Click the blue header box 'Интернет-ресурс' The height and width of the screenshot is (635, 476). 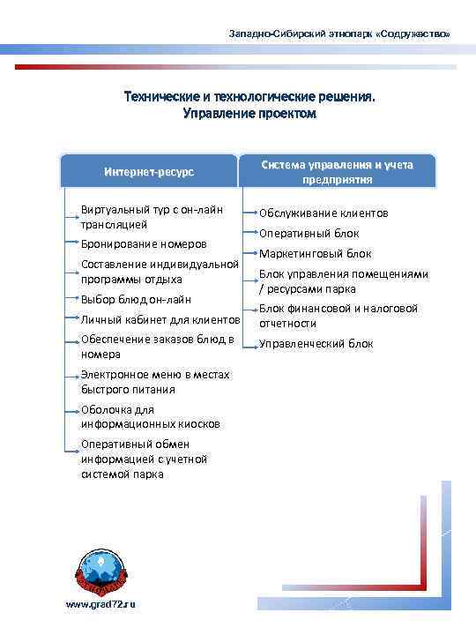149,171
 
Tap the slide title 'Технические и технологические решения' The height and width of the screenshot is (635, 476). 249,98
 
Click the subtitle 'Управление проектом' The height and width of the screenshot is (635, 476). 249,114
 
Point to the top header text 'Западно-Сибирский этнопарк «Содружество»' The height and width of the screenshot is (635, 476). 338,33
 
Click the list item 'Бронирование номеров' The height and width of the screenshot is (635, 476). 144,243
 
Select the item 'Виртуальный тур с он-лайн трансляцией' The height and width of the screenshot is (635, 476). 151,217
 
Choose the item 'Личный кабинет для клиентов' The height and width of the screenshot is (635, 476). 160,319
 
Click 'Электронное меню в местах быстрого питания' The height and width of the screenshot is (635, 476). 154,382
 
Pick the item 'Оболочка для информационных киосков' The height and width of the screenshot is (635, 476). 150,416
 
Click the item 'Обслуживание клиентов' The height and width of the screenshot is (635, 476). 324,213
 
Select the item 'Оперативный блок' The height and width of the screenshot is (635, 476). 309,234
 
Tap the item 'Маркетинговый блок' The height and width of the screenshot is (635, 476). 316,254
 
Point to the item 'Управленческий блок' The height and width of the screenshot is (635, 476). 316,344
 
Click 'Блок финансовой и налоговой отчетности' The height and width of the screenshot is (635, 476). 338,316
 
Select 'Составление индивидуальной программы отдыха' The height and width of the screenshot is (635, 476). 160,272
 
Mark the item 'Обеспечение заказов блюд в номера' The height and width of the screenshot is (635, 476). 157,347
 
